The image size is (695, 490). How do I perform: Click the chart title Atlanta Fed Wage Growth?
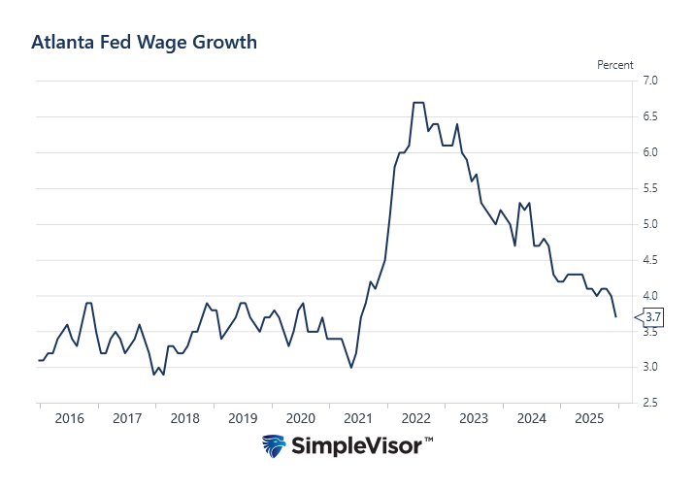point(144,42)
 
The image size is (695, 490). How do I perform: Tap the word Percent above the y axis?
point(614,65)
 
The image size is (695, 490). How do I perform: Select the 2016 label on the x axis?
point(69,418)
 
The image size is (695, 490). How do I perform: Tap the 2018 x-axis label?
point(184,418)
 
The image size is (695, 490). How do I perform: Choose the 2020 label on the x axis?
point(301,418)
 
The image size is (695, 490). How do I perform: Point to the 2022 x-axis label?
point(415,418)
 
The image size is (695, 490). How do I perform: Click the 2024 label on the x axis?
point(531,418)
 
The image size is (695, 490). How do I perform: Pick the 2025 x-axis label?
point(589,418)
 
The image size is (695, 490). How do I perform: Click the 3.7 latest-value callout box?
point(653,316)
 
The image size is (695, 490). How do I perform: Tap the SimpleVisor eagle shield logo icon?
point(275,446)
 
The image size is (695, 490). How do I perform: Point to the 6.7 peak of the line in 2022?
point(418,102)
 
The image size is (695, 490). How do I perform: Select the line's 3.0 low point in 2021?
point(350,367)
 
